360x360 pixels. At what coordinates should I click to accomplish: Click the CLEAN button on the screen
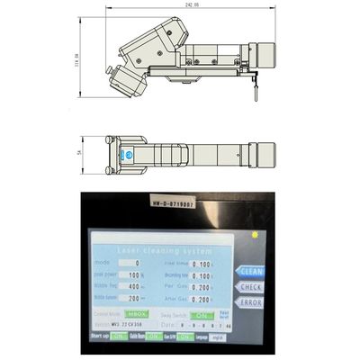coord(249,269)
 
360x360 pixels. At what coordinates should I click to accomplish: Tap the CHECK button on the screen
coord(249,286)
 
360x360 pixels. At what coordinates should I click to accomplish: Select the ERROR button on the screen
coord(249,302)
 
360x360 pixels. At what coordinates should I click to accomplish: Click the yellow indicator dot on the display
coord(255,235)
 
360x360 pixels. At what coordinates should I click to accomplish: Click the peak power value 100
coord(137,273)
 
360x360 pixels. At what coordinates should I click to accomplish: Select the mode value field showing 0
coord(137,262)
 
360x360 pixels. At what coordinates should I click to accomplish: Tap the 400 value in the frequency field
coord(137,284)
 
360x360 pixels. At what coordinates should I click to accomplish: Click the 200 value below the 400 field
coord(137,295)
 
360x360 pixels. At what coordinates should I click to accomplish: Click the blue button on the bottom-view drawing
coord(128,154)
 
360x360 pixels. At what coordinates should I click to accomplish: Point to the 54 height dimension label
coord(79,154)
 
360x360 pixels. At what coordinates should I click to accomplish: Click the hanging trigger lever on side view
coord(256,88)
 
